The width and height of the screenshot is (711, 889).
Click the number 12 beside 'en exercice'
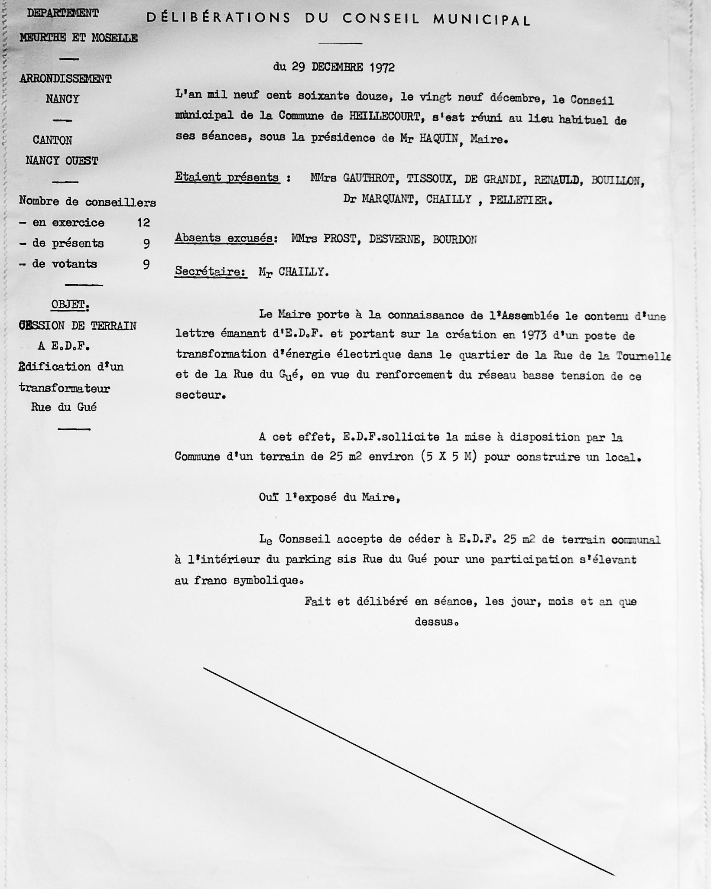[x=143, y=223]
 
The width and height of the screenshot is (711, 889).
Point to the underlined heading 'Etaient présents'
[x=227, y=177]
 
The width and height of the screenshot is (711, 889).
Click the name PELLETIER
[x=520, y=201]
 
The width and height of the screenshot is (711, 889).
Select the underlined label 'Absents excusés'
[x=224, y=239]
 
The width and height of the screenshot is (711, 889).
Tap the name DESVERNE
[x=394, y=240]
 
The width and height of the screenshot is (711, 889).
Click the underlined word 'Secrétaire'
[x=211, y=272]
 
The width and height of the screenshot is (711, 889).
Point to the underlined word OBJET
[x=69, y=305]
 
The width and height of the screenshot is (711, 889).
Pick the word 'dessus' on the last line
[x=435, y=622]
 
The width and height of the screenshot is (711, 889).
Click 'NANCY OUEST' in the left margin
[x=62, y=161]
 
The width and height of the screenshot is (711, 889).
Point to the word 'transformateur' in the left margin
[x=65, y=388]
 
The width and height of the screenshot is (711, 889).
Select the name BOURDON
[x=455, y=240]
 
